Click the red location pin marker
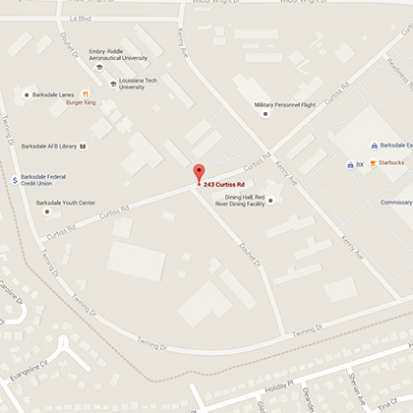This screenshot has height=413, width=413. (x=199, y=173)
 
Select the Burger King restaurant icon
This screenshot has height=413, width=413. (x=86, y=94)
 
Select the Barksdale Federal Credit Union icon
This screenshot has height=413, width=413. (x=14, y=179)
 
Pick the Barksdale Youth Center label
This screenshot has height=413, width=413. (x=66, y=203)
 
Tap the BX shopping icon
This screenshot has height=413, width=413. (x=350, y=164)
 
